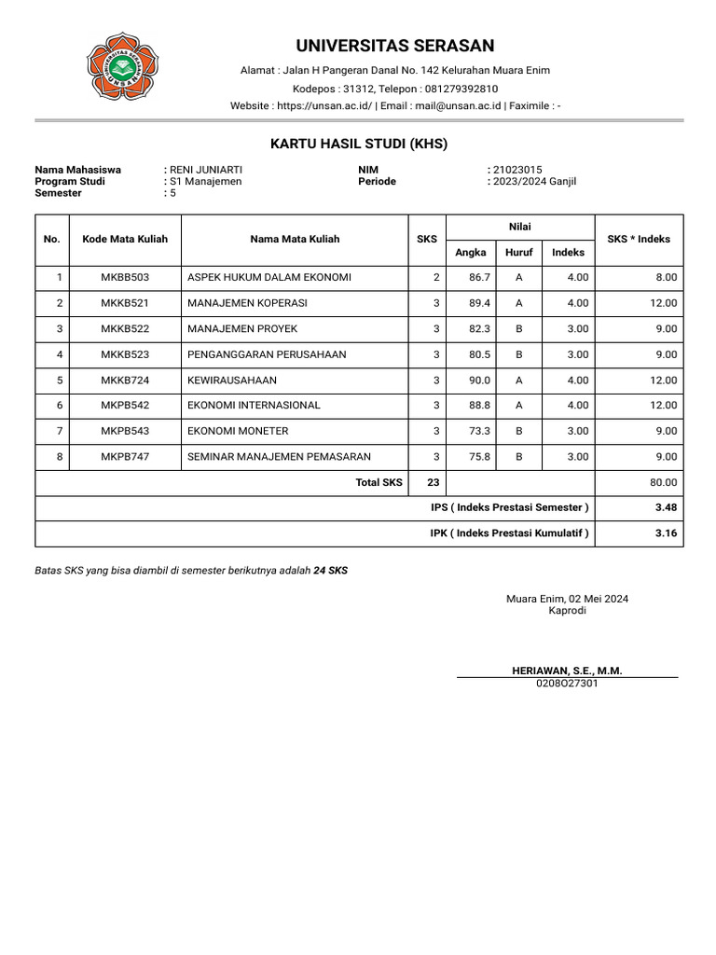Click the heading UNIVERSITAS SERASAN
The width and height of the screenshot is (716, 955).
[x=395, y=46]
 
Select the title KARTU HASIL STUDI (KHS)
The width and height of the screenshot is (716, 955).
[x=359, y=144]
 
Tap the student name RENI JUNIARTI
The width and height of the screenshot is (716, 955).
[x=206, y=170]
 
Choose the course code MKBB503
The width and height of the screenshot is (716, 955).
[x=125, y=278]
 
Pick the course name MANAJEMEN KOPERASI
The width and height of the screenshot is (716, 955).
[x=247, y=303]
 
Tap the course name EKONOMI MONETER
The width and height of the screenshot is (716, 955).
[x=238, y=431]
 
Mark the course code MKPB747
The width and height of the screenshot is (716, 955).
[x=125, y=457]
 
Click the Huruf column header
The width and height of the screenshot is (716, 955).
[x=518, y=252]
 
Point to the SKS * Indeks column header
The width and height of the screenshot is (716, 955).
[x=639, y=240]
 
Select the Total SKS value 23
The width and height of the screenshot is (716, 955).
[x=433, y=482]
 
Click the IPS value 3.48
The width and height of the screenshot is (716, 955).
[x=665, y=507]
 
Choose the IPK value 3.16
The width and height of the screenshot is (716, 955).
[x=665, y=533]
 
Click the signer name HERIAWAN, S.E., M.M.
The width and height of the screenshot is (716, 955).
[x=567, y=671]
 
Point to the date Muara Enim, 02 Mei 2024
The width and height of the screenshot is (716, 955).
[x=567, y=599]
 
